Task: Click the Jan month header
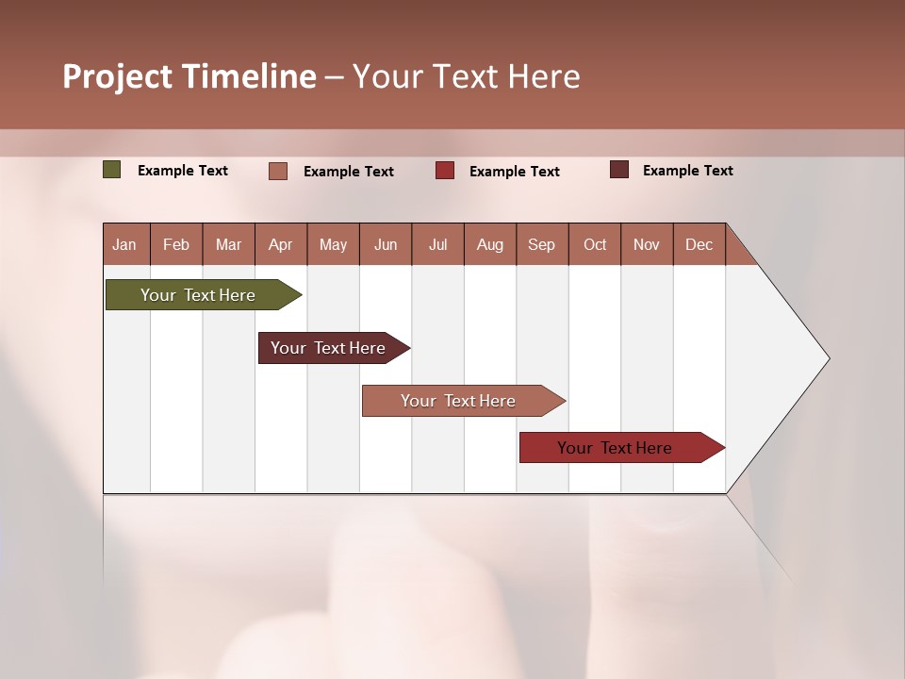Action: click(125, 244)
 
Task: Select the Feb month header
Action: click(176, 244)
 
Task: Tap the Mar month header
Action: click(228, 244)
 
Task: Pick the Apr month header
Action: click(281, 244)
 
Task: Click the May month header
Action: click(333, 244)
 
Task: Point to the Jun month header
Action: click(386, 244)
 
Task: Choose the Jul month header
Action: click(437, 244)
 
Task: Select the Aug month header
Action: click(490, 244)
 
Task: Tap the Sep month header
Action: click(542, 244)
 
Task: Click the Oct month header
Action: click(595, 244)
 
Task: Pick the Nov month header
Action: click(647, 244)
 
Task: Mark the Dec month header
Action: click(699, 244)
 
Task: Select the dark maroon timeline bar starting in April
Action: click(330, 348)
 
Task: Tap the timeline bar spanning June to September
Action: click(460, 401)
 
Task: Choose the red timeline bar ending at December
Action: click(617, 448)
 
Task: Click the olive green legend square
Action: click(112, 170)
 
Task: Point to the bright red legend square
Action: click(445, 170)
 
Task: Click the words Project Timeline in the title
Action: click(189, 76)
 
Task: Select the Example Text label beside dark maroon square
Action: click(687, 171)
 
